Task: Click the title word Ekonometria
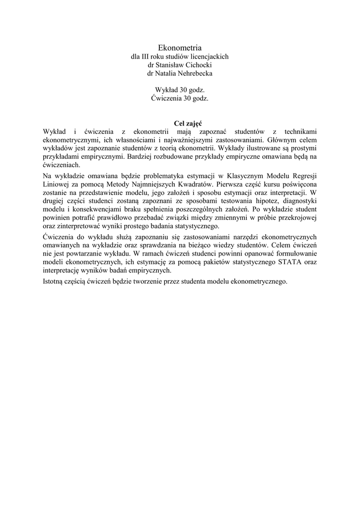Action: (x=180, y=48)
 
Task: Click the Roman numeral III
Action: (x=146, y=57)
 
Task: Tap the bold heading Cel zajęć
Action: (x=180, y=123)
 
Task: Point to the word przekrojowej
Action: (x=295, y=217)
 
